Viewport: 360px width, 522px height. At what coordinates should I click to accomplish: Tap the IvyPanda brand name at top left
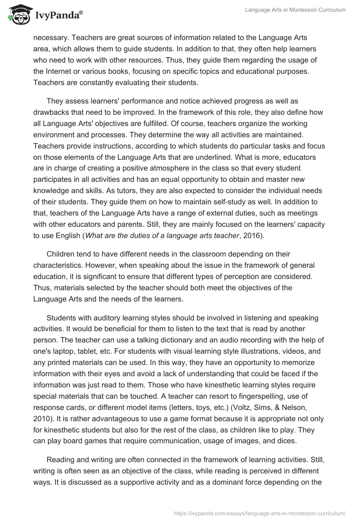[58, 15]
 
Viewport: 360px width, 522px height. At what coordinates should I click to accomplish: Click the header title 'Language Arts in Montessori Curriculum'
[295, 10]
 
